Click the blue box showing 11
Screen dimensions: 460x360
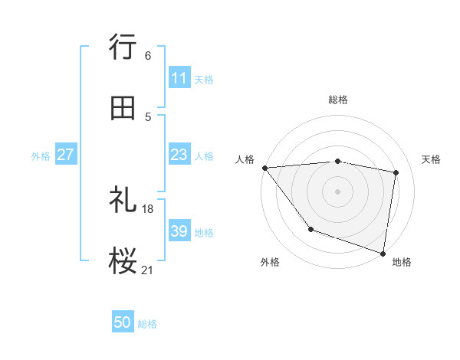tap(179, 78)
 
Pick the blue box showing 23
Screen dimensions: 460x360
tap(179, 155)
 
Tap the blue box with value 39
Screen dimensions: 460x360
tap(179, 231)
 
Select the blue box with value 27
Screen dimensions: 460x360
tap(66, 155)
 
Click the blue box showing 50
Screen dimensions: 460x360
tap(123, 323)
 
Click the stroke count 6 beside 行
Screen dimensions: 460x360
tap(148, 55)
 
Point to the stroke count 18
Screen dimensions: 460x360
tap(148, 208)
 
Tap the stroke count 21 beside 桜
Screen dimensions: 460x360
tap(148, 270)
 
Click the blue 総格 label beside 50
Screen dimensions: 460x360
tap(148, 324)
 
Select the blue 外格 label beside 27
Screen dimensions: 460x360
tap(41, 155)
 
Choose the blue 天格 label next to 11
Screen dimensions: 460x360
tap(204, 79)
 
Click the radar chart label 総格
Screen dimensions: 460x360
tap(338, 100)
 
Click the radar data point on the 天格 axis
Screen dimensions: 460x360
tap(396, 172)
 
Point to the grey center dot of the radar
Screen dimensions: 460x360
tap(337, 191)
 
